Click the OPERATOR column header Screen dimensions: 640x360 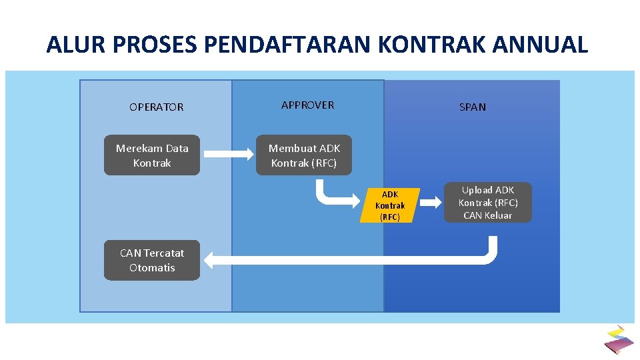(156, 107)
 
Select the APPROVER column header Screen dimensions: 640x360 (307, 105)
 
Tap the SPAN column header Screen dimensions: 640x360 (472, 107)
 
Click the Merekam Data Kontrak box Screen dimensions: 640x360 (152, 155)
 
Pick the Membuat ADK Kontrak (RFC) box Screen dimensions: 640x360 (304, 155)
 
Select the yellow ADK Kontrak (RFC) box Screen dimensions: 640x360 (389, 205)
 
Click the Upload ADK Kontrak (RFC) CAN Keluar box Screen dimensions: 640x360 (488, 203)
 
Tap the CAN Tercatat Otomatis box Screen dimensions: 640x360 (152, 260)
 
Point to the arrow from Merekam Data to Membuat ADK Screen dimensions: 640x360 (227, 155)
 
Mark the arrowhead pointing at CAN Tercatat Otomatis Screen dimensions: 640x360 (211, 260)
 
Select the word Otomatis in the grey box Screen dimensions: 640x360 (152, 267)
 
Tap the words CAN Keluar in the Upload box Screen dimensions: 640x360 (488, 215)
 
